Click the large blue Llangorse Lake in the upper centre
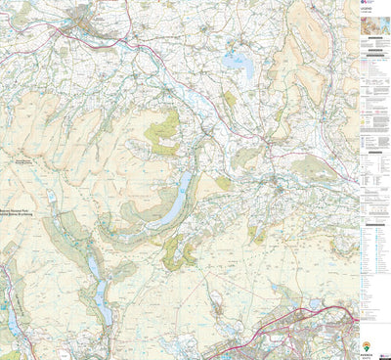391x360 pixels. (238, 65)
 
